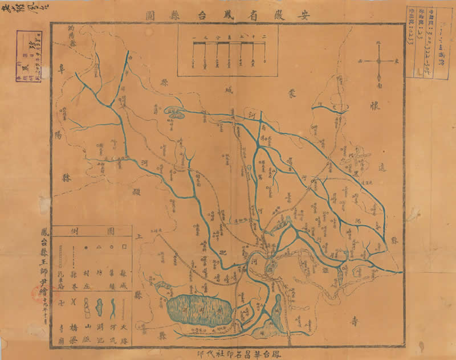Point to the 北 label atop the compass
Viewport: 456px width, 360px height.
[x=380, y=43]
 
